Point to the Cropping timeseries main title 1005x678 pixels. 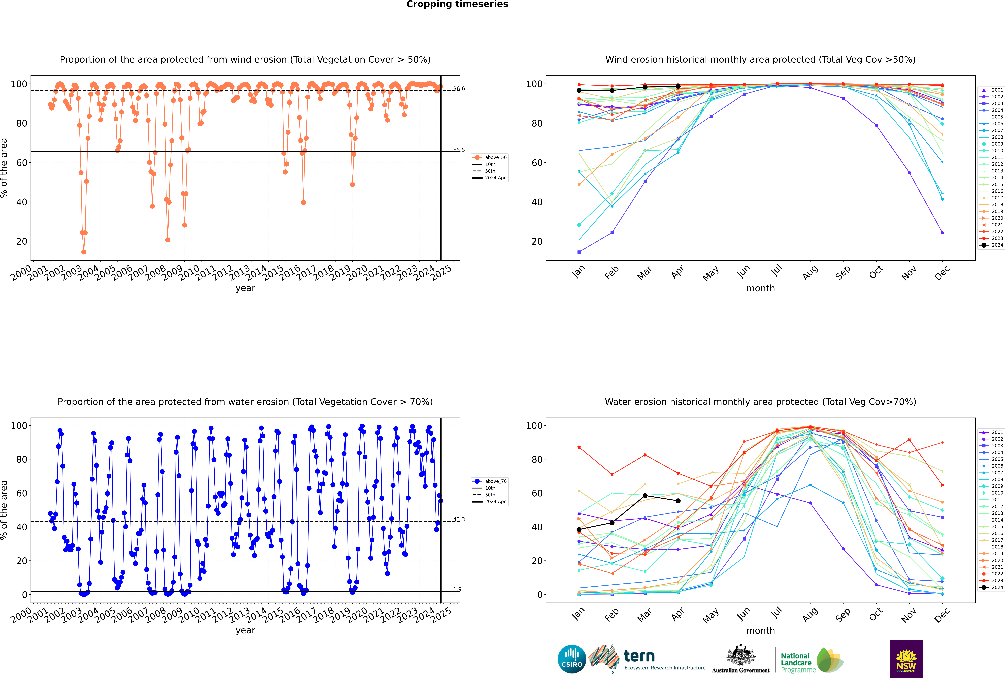457,4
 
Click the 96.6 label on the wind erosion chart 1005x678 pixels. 459,89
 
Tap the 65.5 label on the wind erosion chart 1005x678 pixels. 459,150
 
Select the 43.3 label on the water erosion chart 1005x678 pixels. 459,519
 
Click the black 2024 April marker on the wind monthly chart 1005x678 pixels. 678,86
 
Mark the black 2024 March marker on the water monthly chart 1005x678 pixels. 645,496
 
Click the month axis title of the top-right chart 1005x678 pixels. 760,288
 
